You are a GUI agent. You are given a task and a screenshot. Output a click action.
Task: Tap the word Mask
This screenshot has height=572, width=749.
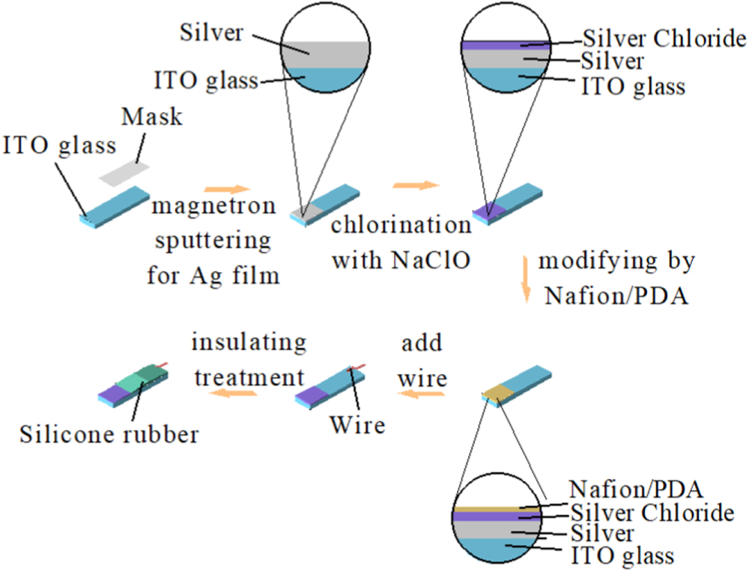coord(152,118)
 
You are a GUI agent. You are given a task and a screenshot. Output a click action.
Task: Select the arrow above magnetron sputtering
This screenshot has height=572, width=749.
coord(225,189)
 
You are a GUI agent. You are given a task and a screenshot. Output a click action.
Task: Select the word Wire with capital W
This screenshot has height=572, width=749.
coord(357,425)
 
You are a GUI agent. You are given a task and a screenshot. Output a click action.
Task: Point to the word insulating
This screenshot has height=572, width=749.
coord(249,343)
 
